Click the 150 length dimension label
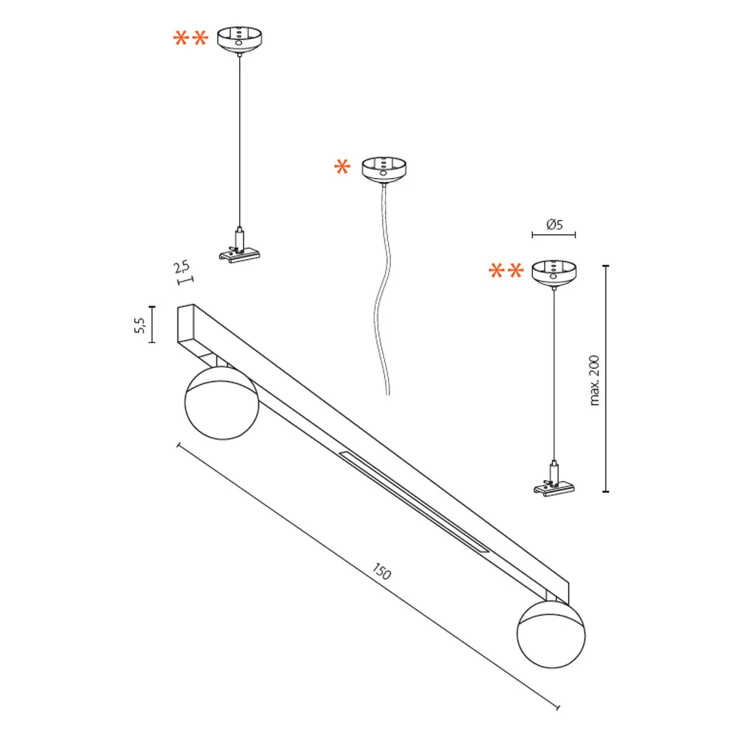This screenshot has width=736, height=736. tap(381, 571)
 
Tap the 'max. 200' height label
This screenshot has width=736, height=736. tap(595, 379)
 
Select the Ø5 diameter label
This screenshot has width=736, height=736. tap(554, 224)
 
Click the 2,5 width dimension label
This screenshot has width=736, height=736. tap(181, 268)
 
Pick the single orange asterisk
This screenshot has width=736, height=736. tap(342, 168)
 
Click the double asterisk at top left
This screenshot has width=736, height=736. tap(191, 38)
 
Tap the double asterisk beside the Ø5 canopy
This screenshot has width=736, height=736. tap(506, 272)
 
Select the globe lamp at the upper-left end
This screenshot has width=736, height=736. tap(221, 402)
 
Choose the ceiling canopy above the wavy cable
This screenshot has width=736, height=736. tap(384, 169)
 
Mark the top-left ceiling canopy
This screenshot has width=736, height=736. tap(240, 40)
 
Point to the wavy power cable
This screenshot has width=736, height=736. tap(381, 294)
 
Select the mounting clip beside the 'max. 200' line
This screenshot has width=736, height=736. tap(554, 482)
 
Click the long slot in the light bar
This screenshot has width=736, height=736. tap(413, 501)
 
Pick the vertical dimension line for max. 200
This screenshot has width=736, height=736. tap(605, 379)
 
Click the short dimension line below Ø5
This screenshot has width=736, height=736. tap(554, 236)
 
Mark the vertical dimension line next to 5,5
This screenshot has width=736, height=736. tap(152, 325)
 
